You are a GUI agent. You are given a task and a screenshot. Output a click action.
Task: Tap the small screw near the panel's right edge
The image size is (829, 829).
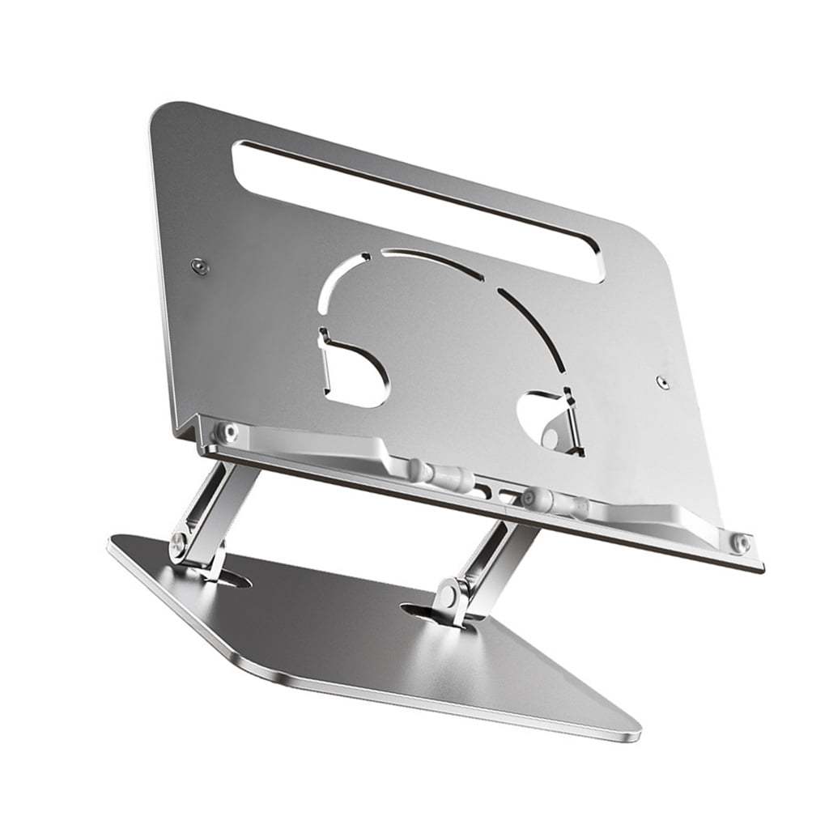[x=663, y=380]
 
